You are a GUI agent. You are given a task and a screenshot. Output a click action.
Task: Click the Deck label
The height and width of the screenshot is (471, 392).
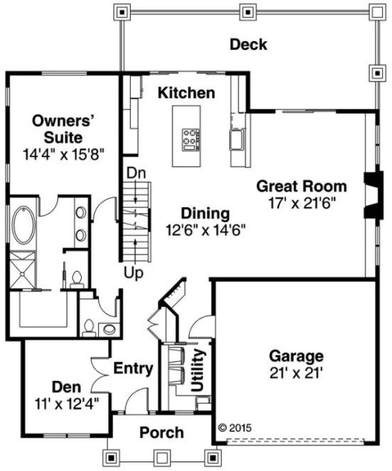[248, 45]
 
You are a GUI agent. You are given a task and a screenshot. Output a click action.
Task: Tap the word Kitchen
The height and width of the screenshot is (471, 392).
[186, 93]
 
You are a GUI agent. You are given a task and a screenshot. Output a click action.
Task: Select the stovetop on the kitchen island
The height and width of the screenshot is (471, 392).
[190, 138]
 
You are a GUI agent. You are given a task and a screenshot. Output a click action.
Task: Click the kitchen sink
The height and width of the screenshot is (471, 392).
[236, 139]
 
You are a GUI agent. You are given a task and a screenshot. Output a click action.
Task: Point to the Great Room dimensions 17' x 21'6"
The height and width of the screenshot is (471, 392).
[301, 201]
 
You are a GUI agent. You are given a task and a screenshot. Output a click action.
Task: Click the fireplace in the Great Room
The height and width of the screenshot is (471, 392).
[369, 195]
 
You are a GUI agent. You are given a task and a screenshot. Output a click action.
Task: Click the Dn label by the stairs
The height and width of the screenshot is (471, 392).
[136, 172]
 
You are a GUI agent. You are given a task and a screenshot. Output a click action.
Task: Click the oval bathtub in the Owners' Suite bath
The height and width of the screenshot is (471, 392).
[25, 225]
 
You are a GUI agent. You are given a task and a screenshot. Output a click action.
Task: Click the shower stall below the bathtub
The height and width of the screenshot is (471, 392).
[24, 271]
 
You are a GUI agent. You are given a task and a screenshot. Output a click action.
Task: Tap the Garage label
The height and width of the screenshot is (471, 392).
[295, 355]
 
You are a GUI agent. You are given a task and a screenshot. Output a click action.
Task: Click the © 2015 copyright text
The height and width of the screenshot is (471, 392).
[234, 428]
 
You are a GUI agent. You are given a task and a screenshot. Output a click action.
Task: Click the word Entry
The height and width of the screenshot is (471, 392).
[134, 368]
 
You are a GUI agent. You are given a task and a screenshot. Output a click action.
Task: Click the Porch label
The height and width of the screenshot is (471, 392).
[161, 432]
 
